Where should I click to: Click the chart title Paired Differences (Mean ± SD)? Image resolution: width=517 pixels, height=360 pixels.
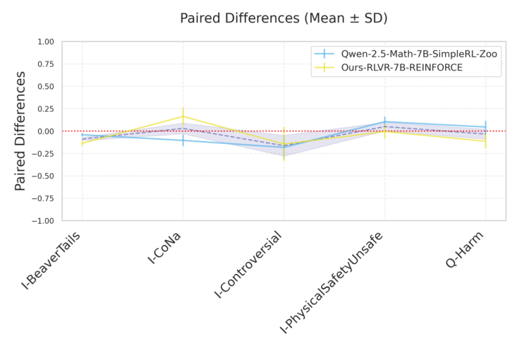(284, 18)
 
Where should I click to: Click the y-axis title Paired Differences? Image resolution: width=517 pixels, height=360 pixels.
(20, 131)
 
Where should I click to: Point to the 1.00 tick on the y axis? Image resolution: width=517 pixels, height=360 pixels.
(44, 42)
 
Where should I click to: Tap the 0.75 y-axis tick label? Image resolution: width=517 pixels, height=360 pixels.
(44, 64)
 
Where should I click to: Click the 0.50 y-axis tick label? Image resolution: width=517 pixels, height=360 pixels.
(44, 86)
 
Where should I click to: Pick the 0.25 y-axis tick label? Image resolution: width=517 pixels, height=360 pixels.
(44, 109)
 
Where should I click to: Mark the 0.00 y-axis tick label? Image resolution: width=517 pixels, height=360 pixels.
(44, 131)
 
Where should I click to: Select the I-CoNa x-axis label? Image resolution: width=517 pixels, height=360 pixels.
(166, 247)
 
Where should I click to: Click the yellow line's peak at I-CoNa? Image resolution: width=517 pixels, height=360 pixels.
(183, 116)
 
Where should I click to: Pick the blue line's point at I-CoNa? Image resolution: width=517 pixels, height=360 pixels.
(183, 140)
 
